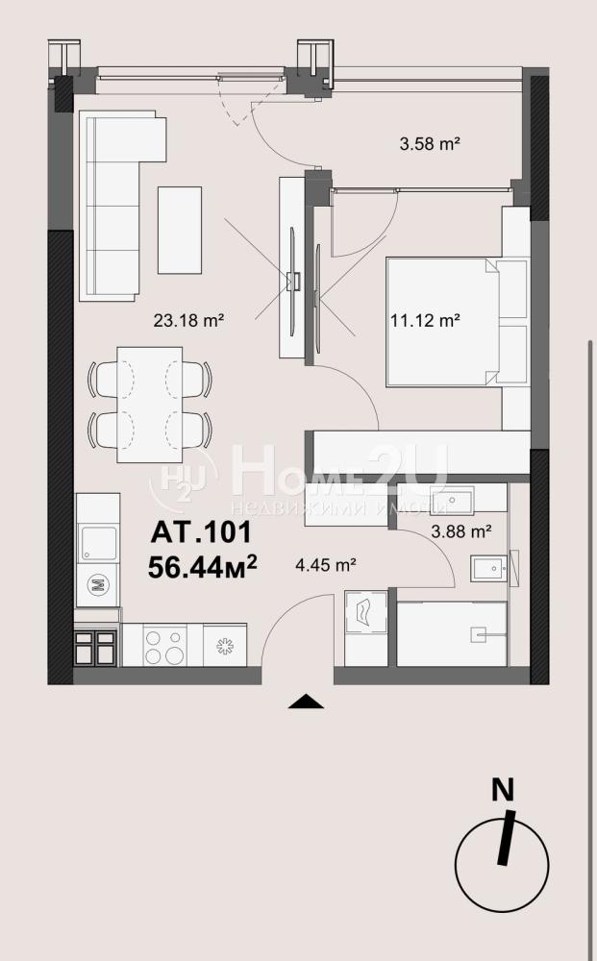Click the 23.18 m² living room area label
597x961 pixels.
point(187,320)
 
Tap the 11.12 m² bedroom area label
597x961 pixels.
point(425,320)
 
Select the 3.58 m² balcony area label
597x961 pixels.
point(430,144)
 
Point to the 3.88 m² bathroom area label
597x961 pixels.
point(460,531)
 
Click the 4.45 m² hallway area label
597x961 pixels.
point(326,564)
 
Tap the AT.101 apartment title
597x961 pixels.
point(201,532)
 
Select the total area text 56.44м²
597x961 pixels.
point(202,568)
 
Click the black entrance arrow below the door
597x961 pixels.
point(306,702)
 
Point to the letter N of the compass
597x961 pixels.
point(503,790)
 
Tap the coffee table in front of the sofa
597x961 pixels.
point(180,230)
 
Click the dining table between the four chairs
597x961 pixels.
point(150,405)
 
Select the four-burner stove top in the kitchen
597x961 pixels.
point(164,646)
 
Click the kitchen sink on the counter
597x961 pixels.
point(98,543)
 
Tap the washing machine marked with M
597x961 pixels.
point(97,584)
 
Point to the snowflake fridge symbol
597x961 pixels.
point(225,646)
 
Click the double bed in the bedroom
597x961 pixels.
point(442,322)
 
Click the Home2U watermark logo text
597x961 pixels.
point(339,472)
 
